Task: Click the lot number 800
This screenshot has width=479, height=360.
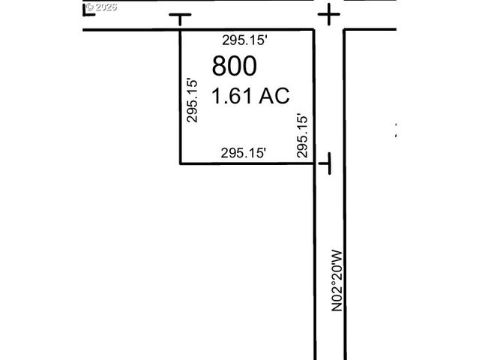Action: coord(235,66)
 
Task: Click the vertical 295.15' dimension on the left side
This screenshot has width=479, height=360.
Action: coord(192,100)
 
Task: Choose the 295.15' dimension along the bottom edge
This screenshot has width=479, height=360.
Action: coord(244,153)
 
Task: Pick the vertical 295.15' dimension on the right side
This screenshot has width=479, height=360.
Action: coord(302,135)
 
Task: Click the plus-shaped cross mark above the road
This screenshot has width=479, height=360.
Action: coord(329,14)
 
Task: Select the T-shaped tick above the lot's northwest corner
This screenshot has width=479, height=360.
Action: coord(180,16)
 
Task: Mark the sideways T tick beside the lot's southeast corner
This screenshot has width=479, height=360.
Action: coord(327,163)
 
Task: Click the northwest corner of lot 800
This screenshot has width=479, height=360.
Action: coord(180,31)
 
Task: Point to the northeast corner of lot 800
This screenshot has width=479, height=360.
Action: coord(313,31)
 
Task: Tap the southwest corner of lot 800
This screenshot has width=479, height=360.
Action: coord(180,163)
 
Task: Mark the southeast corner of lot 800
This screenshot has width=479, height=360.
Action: coord(313,163)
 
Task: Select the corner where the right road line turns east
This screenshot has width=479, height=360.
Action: coord(344,31)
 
